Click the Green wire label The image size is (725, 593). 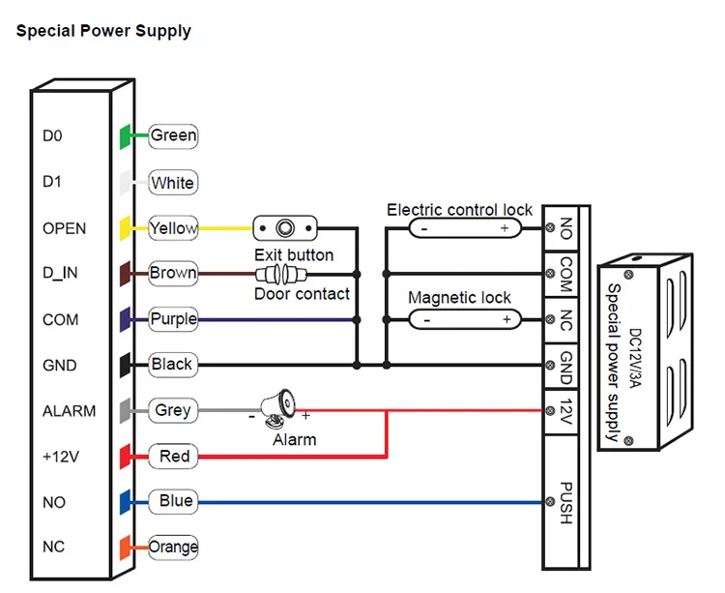click(173, 135)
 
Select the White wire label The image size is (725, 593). click(173, 182)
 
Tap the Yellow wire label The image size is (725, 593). click(173, 228)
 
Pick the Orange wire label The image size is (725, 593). click(173, 547)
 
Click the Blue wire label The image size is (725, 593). click(175, 501)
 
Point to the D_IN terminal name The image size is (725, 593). click(60, 274)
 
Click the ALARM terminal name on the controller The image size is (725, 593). click(70, 410)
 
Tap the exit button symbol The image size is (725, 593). click(285, 228)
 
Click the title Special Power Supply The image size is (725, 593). click(103, 31)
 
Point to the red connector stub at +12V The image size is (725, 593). click(125, 456)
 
